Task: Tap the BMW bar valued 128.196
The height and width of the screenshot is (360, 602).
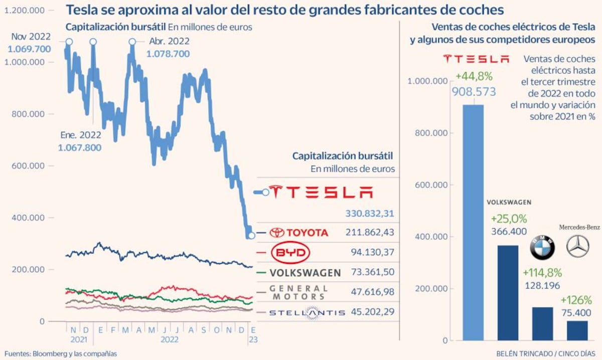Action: coord(541,323)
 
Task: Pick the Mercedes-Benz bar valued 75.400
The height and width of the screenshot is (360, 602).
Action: coord(577,330)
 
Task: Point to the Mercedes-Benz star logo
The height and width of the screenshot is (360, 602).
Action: coord(577,246)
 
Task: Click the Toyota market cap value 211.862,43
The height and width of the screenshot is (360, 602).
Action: coord(370,232)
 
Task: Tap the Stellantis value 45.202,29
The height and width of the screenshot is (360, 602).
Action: coord(370,312)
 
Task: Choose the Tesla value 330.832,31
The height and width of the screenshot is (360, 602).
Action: coord(370,214)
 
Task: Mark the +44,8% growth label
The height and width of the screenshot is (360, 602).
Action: coord(474,77)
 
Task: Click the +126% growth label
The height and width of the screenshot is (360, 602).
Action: coord(577,300)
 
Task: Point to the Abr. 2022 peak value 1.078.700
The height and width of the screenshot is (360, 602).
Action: coord(168,54)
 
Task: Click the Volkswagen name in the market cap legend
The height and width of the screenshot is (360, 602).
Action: coord(305,273)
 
